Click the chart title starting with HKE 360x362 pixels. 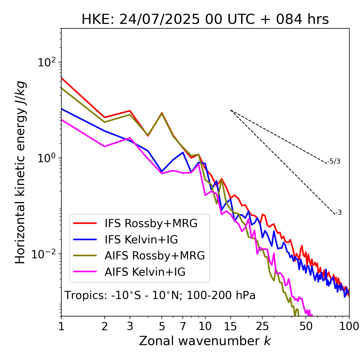(205, 20)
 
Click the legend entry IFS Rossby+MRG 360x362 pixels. (151, 223)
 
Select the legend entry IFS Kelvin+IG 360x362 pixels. (141, 240)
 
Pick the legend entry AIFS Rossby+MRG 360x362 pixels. (154, 256)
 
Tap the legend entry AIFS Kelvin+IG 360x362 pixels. (145, 272)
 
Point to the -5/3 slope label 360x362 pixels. (334, 161)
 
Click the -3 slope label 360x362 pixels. (338, 213)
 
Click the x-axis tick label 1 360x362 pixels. (61, 326)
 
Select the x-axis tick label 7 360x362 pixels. (183, 326)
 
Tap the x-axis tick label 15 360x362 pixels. (230, 326)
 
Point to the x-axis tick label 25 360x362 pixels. (262, 326)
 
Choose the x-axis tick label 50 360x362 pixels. (306, 326)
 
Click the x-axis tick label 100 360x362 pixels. (349, 326)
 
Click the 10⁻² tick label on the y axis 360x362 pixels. (45, 254)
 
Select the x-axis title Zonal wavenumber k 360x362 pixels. (205, 341)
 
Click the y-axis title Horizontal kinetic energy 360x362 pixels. (20, 172)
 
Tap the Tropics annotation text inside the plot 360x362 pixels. (160, 295)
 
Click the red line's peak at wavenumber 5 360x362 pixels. (162, 113)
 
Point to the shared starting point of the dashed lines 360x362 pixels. (231, 110)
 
